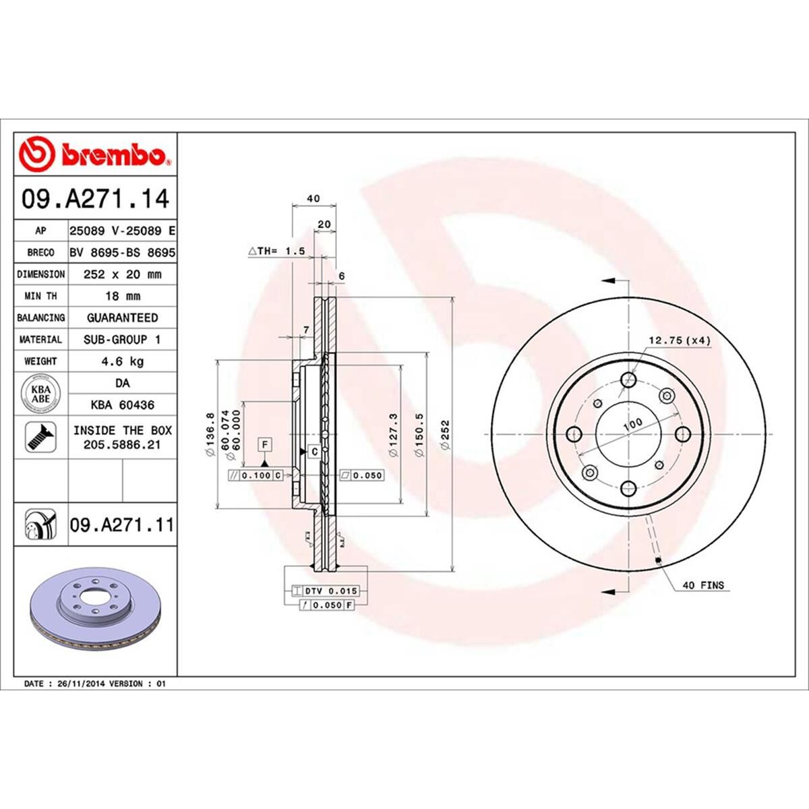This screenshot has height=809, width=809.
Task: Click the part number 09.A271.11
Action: tap(121, 524)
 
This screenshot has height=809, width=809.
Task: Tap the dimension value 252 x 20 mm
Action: tap(122, 274)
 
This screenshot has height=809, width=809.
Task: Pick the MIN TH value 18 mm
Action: tap(122, 296)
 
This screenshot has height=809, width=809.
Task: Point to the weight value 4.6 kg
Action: tap(122, 361)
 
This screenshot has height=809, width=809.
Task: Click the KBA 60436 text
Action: tap(122, 405)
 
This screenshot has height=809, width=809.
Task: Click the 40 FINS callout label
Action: tap(702, 585)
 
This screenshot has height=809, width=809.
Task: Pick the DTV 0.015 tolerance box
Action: tap(323, 591)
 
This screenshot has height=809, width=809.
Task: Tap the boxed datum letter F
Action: tap(265, 444)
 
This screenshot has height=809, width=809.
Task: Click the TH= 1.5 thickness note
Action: tap(278, 251)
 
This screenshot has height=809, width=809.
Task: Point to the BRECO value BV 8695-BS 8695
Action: tap(122, 253)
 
